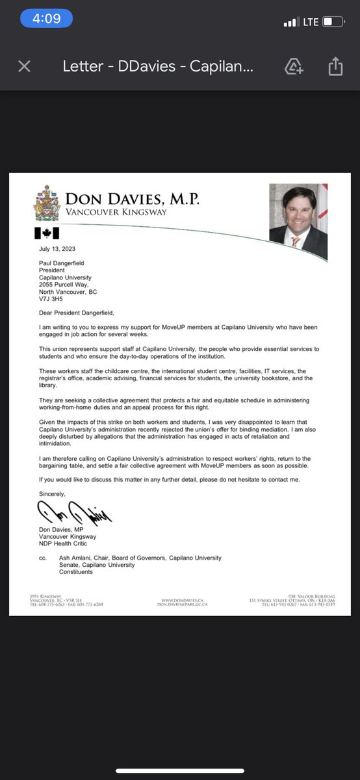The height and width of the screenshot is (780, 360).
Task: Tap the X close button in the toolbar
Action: tap(24, 66)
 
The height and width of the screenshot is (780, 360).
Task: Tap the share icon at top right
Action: tap(335, 66)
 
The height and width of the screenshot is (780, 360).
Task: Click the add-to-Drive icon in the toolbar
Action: tap(294, 66)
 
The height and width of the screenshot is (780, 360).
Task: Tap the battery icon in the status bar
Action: tap(333, 22)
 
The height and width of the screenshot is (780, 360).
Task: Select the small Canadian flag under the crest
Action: tap(46, 233)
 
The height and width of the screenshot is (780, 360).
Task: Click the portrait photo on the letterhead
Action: tap(298, 222)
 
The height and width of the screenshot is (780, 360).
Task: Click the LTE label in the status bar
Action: tap(311, 22)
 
